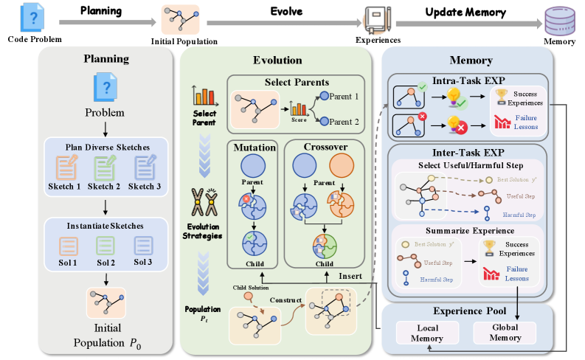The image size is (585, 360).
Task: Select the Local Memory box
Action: tap(428, 331)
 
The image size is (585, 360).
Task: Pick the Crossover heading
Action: tap(325, 147)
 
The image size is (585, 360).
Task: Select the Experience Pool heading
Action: tap(467, 311)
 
